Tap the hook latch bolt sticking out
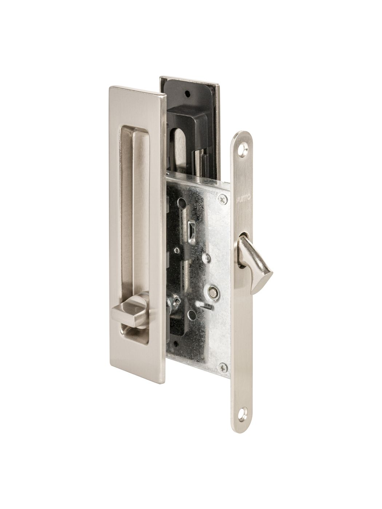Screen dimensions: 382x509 pyautogui.click(x=255, y=266)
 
